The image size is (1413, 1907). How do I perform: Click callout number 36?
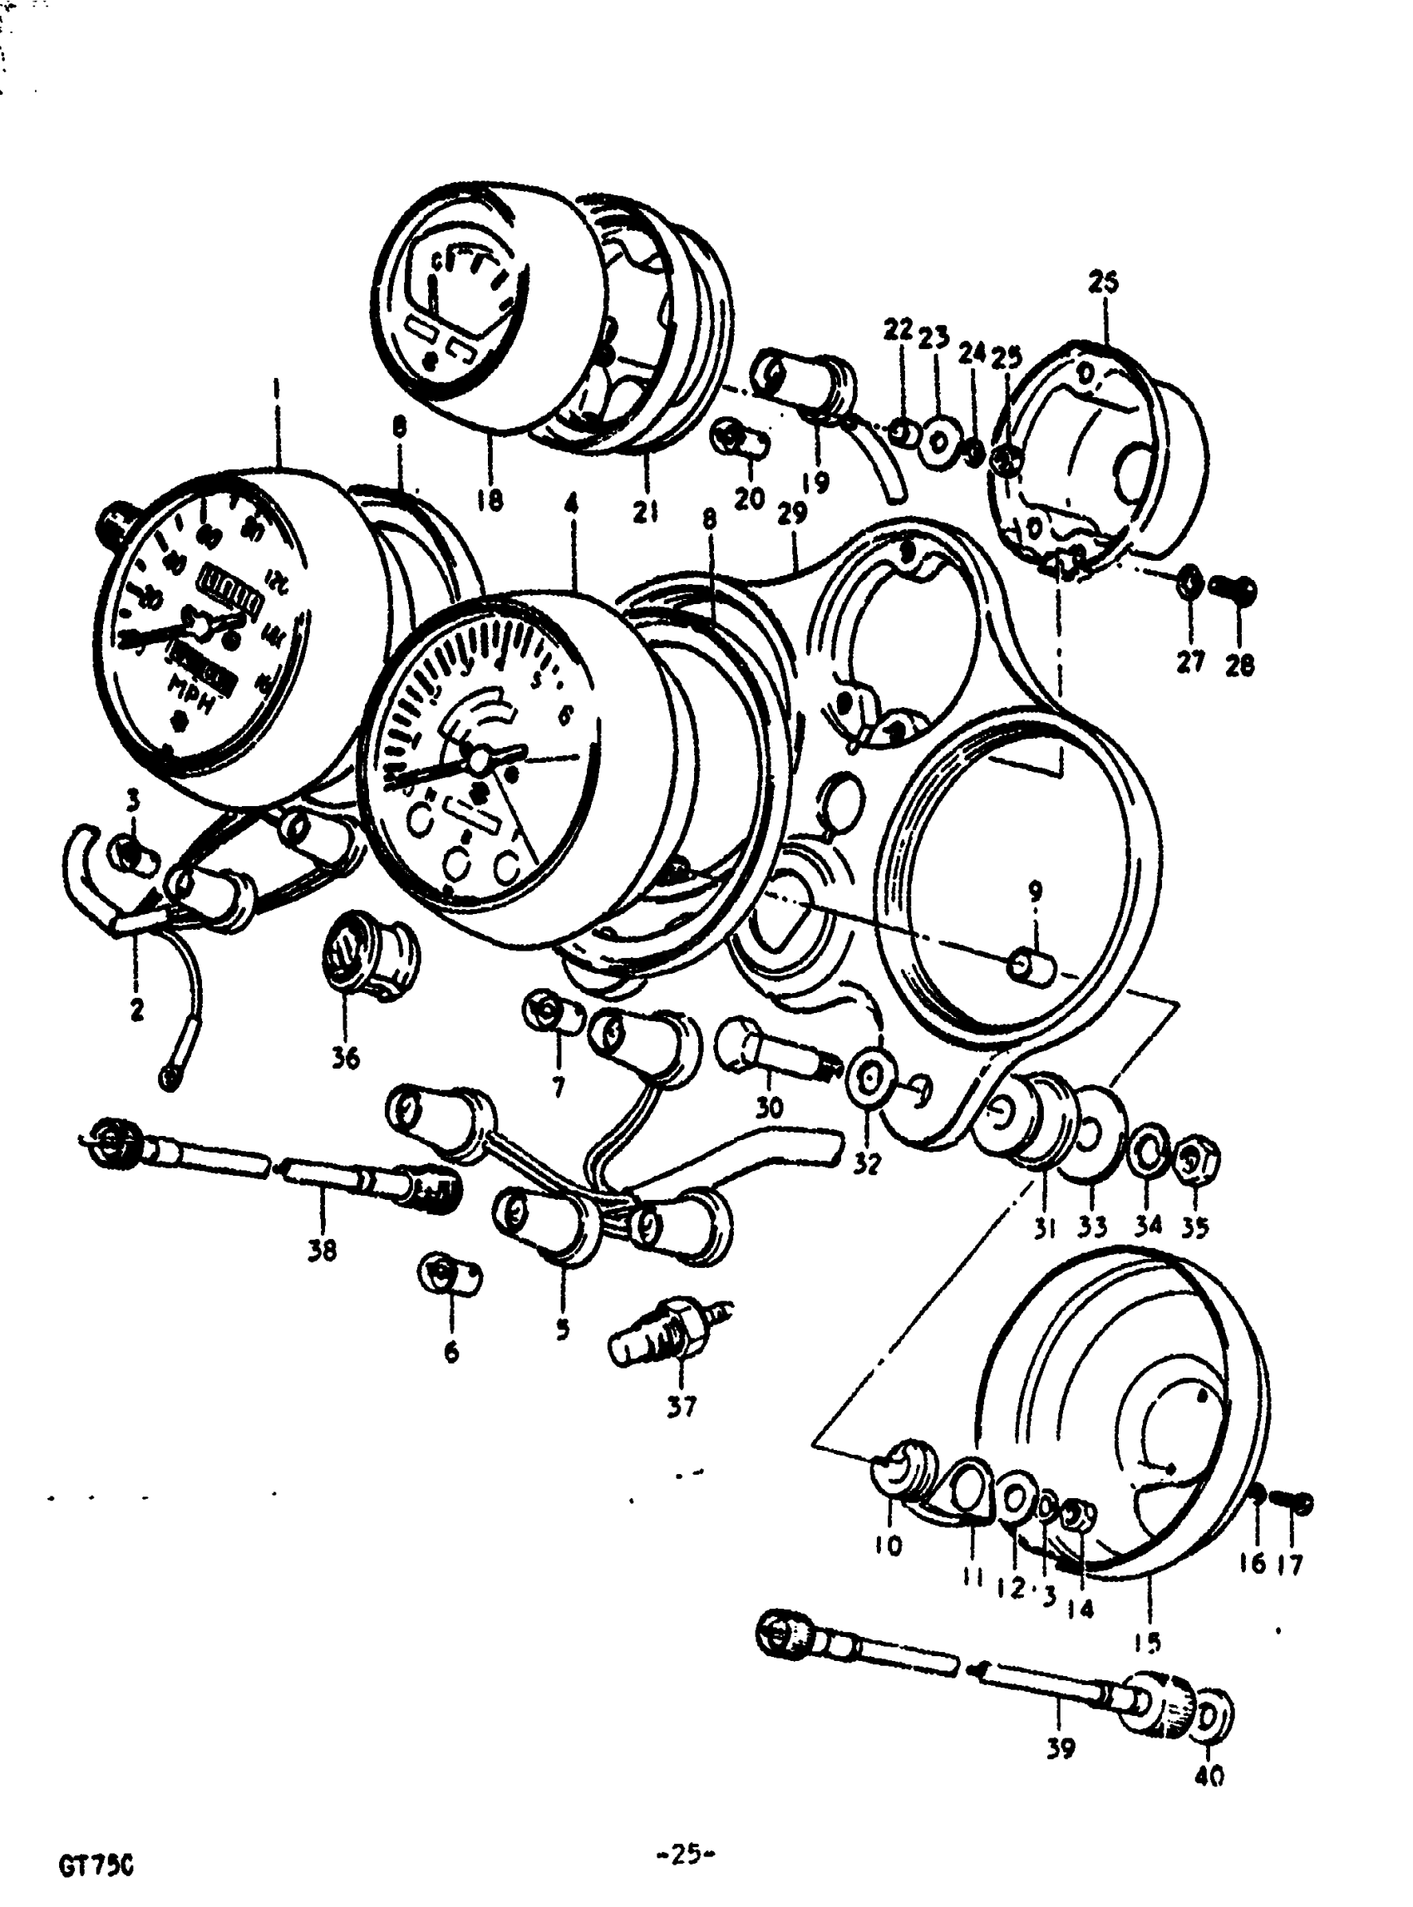[x=346, y=1059]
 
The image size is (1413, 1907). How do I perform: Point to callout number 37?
[x=682, y=1406]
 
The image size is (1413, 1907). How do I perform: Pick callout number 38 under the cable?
[x=322, y=1251]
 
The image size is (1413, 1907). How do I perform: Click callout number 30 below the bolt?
[x=769, y=1108]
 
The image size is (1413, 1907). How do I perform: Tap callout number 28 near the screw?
[x=1239, y=665]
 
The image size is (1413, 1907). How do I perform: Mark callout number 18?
[x=490, y=499]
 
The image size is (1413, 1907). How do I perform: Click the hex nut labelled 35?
[x=1200, y=1162]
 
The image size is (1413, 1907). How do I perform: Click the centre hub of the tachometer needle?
[x=477, y=757]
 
